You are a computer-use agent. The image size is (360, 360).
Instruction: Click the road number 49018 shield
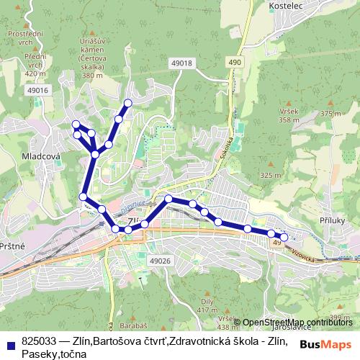(x=182, y=63)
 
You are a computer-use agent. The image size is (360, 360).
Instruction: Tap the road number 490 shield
(x=235, y=63)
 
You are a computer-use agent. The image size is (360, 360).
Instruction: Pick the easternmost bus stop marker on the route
(x=284, y=237)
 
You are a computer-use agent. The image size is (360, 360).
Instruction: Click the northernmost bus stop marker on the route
(x=129, y=102)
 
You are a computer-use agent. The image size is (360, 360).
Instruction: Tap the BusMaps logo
(x=326, y=345)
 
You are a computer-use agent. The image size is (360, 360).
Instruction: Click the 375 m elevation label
(x=331, y=114)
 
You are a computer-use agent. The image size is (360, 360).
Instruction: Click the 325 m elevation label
(x=270, y=175)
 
